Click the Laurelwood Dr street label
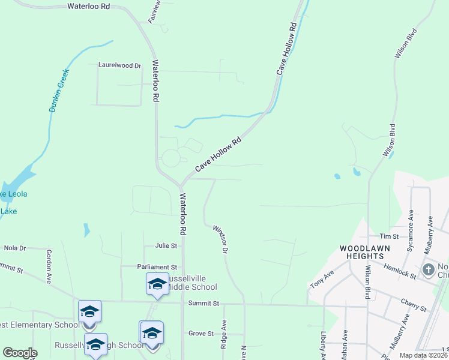tap(119, 65)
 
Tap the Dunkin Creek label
tap(59, 91)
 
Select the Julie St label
tap(166, 245)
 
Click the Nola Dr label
tap(15, 248)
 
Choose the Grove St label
tap(201, 333)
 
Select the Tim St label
tap(393, 237)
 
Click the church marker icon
tap(429, 269)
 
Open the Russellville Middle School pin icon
tap(157, 284)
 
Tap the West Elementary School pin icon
tap(89, 311)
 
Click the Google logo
tap(20, 353)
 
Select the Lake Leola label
tap(13, 194)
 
